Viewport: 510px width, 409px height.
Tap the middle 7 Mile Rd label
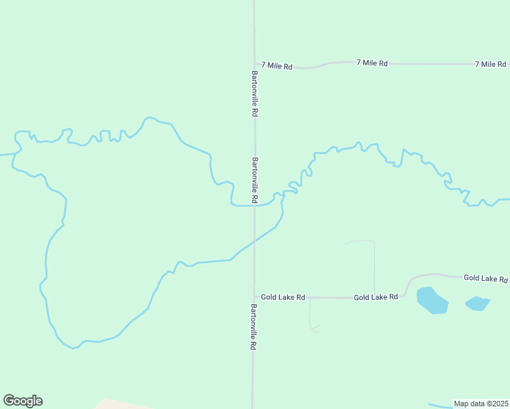pyautogui.click(x=372, y=63)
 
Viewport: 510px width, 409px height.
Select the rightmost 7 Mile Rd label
pyautogui.click(x=490, y=63)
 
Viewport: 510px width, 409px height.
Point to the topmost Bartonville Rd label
pyautogui.click(x=254, y=94)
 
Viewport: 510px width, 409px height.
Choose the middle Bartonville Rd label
pyautogui.click(x=255, y=181)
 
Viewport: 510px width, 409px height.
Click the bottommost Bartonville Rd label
pyautogui.click(x=253, y=327)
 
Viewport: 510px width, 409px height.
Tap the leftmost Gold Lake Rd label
pyautogui.click(x=282, y=298)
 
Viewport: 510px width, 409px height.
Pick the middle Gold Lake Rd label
pyautogui.click(x=375, y=297)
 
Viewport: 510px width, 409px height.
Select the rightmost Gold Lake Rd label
pyautogui.click(x=485, y=278)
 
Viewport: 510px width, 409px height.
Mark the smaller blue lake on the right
pyautogui.click(x=478, y=303)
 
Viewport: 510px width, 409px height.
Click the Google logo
pyautogui.click(x=22, y=401)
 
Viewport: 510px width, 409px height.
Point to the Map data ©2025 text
pyautogui.click(x=481, y=404)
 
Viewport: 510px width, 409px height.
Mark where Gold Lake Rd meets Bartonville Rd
pyautogui.click(x=254, y=297)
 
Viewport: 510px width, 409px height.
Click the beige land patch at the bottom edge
pyautogui.click(x=119, y=404)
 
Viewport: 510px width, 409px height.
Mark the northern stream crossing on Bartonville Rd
pyautogui.click(x=254, y=205)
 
